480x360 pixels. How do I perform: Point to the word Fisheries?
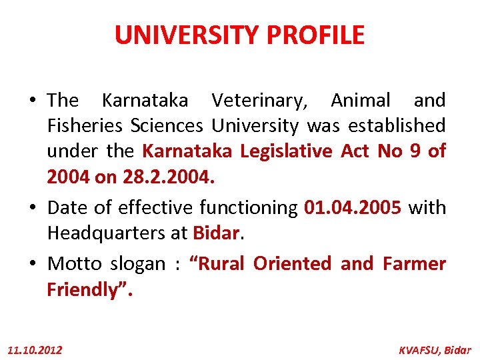click(85, 125)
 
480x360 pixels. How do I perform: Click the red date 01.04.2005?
click(353, 207)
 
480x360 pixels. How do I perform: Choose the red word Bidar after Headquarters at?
click(215, 233)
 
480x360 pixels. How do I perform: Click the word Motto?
click(74, 263)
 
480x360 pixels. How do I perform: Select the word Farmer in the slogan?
click(414, 263)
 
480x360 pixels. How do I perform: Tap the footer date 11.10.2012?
click(35, 349)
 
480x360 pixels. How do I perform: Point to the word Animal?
click(361, 101)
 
